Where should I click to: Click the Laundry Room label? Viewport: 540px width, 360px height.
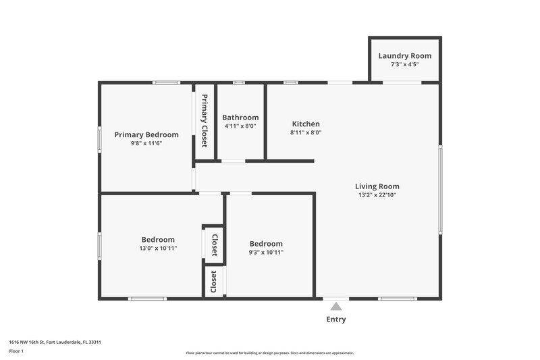404,56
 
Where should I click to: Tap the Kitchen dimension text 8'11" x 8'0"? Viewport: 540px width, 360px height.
306,133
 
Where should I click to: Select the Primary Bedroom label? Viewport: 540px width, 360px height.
146,134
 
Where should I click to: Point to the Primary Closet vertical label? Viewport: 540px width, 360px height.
204,121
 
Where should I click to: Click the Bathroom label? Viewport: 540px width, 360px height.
240,117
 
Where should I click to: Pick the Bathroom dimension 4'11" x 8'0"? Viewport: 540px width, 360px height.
240,126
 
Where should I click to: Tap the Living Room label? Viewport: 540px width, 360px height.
377,186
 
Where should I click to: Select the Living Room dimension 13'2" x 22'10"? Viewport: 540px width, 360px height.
377,195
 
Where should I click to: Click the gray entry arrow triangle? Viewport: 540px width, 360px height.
336,307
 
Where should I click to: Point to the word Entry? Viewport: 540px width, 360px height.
336,319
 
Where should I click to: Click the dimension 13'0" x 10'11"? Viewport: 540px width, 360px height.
158,249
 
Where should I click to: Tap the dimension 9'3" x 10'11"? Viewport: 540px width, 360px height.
266,253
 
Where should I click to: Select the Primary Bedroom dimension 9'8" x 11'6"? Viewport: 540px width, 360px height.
146,143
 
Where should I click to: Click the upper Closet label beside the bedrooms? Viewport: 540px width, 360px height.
214,245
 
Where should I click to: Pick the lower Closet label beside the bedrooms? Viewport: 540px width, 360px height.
214,281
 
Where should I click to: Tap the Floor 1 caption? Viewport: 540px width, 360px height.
16,351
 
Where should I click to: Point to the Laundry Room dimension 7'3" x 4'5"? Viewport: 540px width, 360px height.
404,65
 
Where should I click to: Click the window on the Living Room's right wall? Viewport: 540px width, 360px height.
440,188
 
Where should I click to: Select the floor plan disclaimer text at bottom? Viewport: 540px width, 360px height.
269,353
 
